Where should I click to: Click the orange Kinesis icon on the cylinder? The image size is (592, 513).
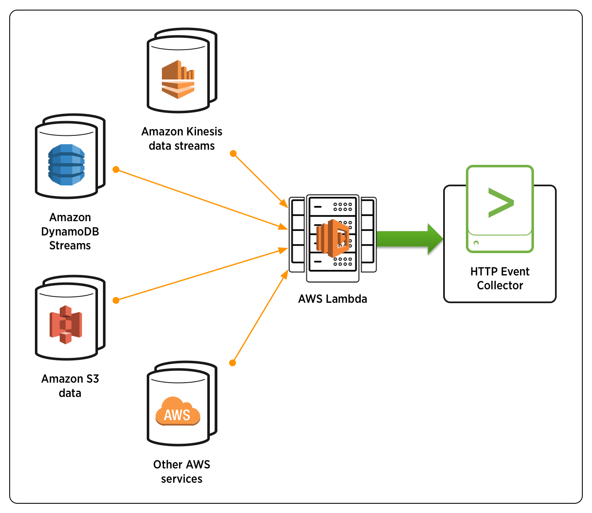click(x=178, y=79)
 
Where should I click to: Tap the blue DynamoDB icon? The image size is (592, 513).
click(x=66, y=165)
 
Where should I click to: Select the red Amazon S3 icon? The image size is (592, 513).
click(x=66, y=325)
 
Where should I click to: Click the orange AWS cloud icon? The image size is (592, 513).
click(x=178, y=411)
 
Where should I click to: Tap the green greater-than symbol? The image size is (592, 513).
click(x=500, y=203)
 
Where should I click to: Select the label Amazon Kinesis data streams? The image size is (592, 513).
click(x=182, y=139)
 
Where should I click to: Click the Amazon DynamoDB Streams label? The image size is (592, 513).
click(x=70, y=231)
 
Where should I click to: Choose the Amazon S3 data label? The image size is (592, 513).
click(x=70, y=386)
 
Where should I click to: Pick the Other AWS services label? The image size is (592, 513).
click(x=182, y=471)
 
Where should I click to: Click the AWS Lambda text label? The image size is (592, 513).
click(x=333, y=299)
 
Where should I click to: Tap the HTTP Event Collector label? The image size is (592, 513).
click(x=500, y=278)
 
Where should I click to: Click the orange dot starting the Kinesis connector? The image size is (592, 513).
click(x=233, y=153)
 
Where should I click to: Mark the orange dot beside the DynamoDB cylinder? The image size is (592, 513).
click(x=116, y=169)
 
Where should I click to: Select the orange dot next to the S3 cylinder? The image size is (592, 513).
click(x=116, y=300)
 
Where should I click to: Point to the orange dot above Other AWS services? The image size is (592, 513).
click(x=233, y=363)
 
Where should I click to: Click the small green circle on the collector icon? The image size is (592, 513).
click(x=476, y=243)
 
